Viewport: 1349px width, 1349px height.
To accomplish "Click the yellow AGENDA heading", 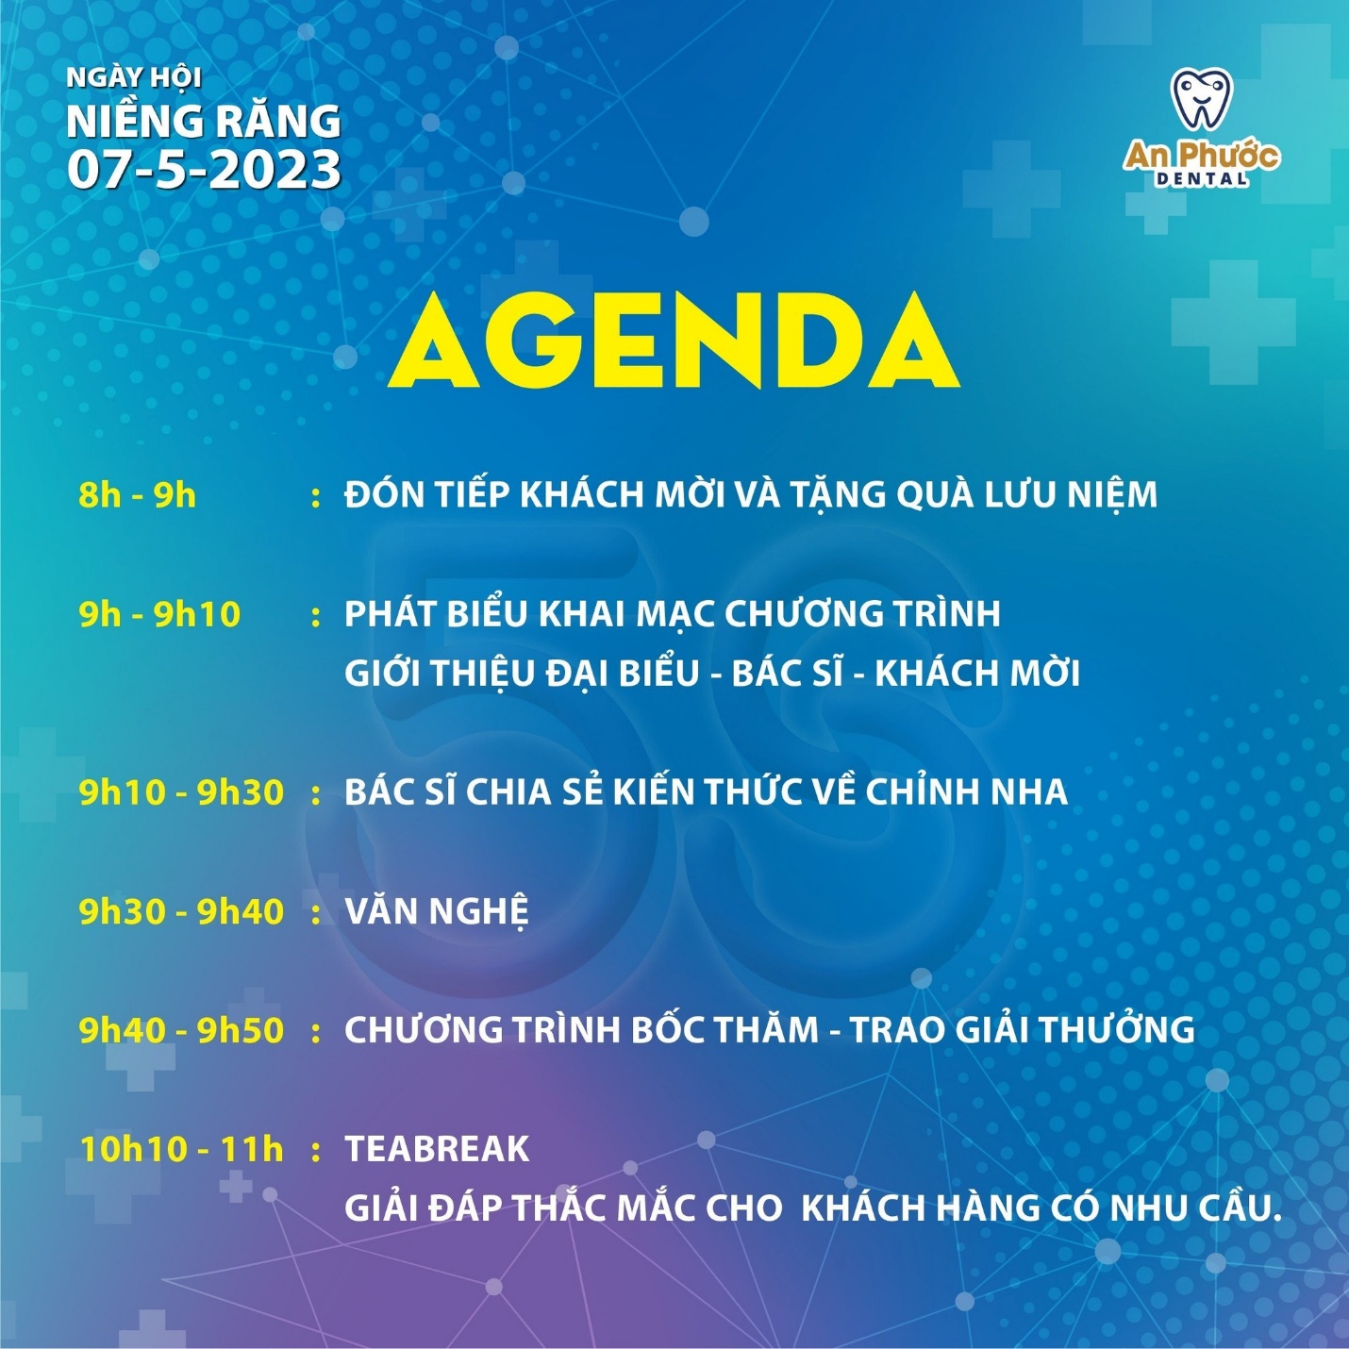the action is pos(674,341).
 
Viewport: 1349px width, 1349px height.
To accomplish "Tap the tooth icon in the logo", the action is pos(1201,99).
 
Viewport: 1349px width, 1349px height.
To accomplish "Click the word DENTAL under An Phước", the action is pos(1201,178).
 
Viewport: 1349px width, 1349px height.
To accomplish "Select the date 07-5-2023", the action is pos(204,170).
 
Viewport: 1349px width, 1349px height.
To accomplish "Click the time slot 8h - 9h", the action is pos(137,495).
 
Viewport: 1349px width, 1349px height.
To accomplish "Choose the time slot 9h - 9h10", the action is pos(159,614).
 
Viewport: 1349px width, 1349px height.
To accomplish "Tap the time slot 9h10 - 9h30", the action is pos(181,792).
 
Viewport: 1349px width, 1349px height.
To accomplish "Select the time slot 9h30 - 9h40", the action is pos(181,911).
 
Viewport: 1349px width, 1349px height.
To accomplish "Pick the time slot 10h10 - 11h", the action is pos(182,1149).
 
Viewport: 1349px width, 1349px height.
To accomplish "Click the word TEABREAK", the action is pos(437,1149).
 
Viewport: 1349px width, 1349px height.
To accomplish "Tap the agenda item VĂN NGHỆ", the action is pos(436,910).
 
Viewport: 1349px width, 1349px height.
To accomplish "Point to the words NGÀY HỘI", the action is pos(134,77).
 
